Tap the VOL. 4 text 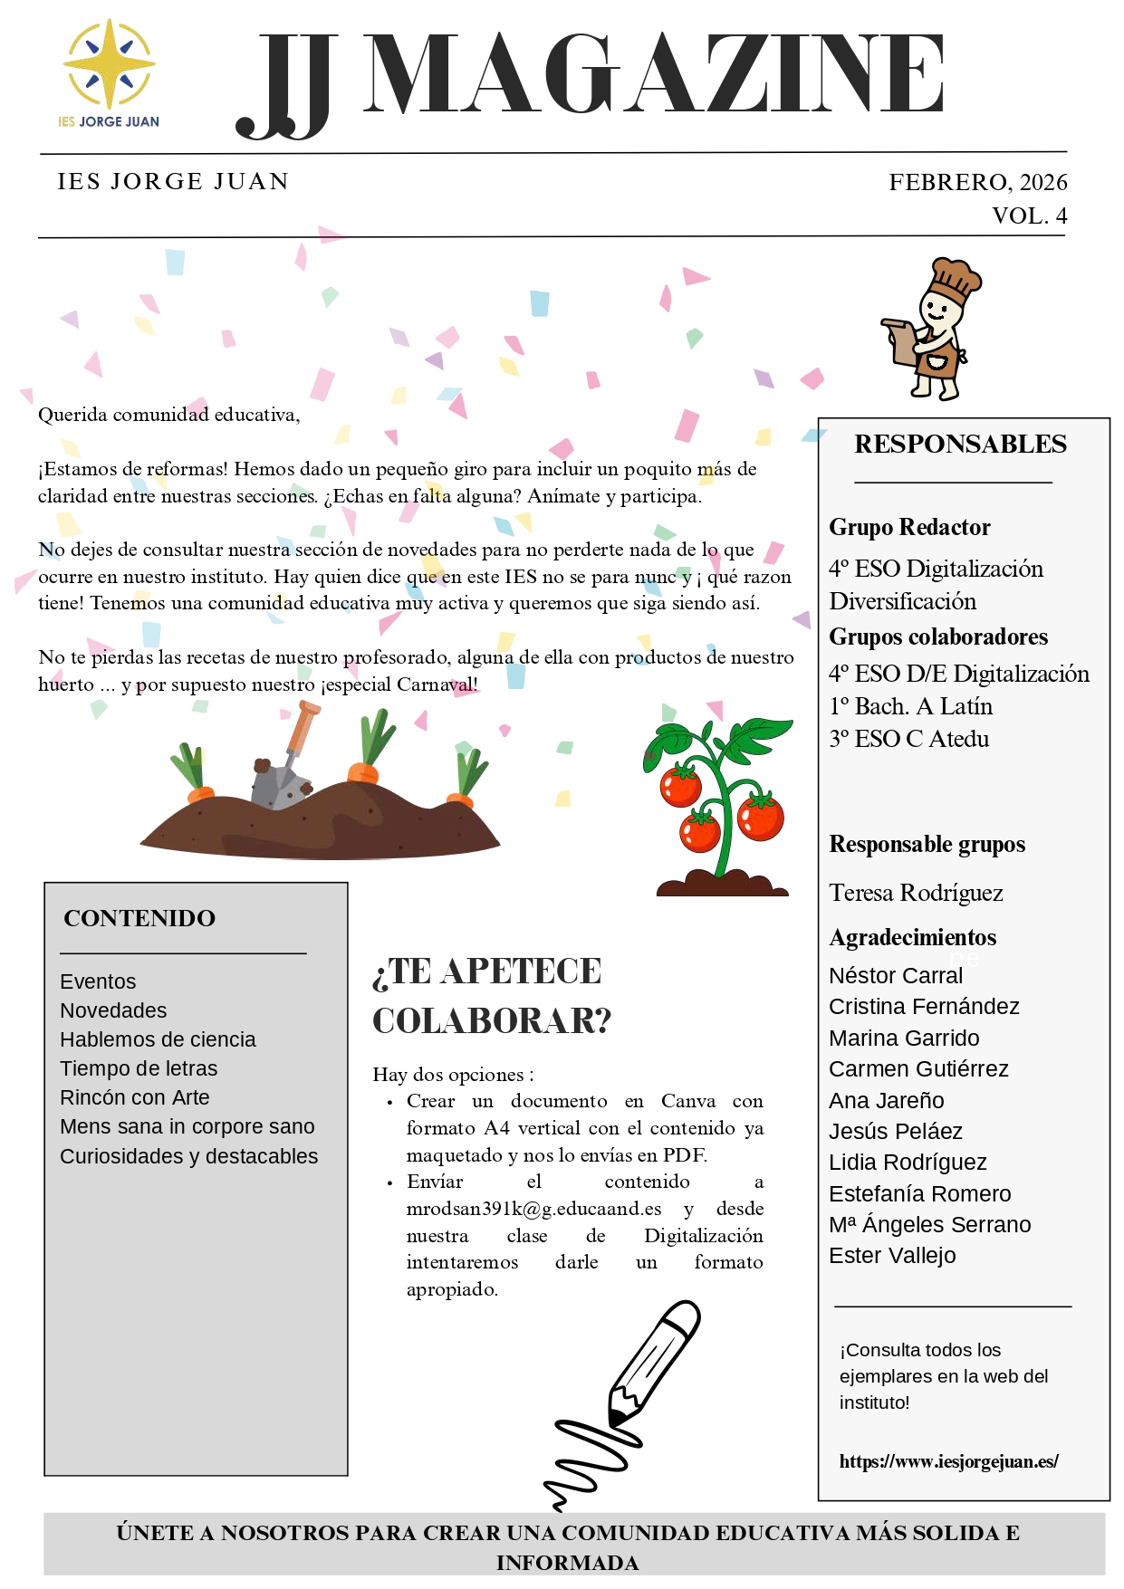coord(1029,216)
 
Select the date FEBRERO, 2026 coord(977,183)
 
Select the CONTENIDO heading coord(139,918)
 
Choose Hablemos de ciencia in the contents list coord(158,1039)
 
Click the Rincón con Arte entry coord(135,1097)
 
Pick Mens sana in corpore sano coord(187,1126)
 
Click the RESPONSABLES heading coord(960,445)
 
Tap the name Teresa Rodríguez coord(916,894)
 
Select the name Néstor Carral coord(896,975)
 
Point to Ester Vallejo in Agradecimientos coord(892,1256)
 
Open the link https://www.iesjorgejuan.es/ coord(948,1461)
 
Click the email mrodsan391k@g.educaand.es coord(533,1210)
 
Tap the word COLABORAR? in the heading coord(492,1021)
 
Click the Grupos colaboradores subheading coord(938,637)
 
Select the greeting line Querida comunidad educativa coord(168,416)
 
